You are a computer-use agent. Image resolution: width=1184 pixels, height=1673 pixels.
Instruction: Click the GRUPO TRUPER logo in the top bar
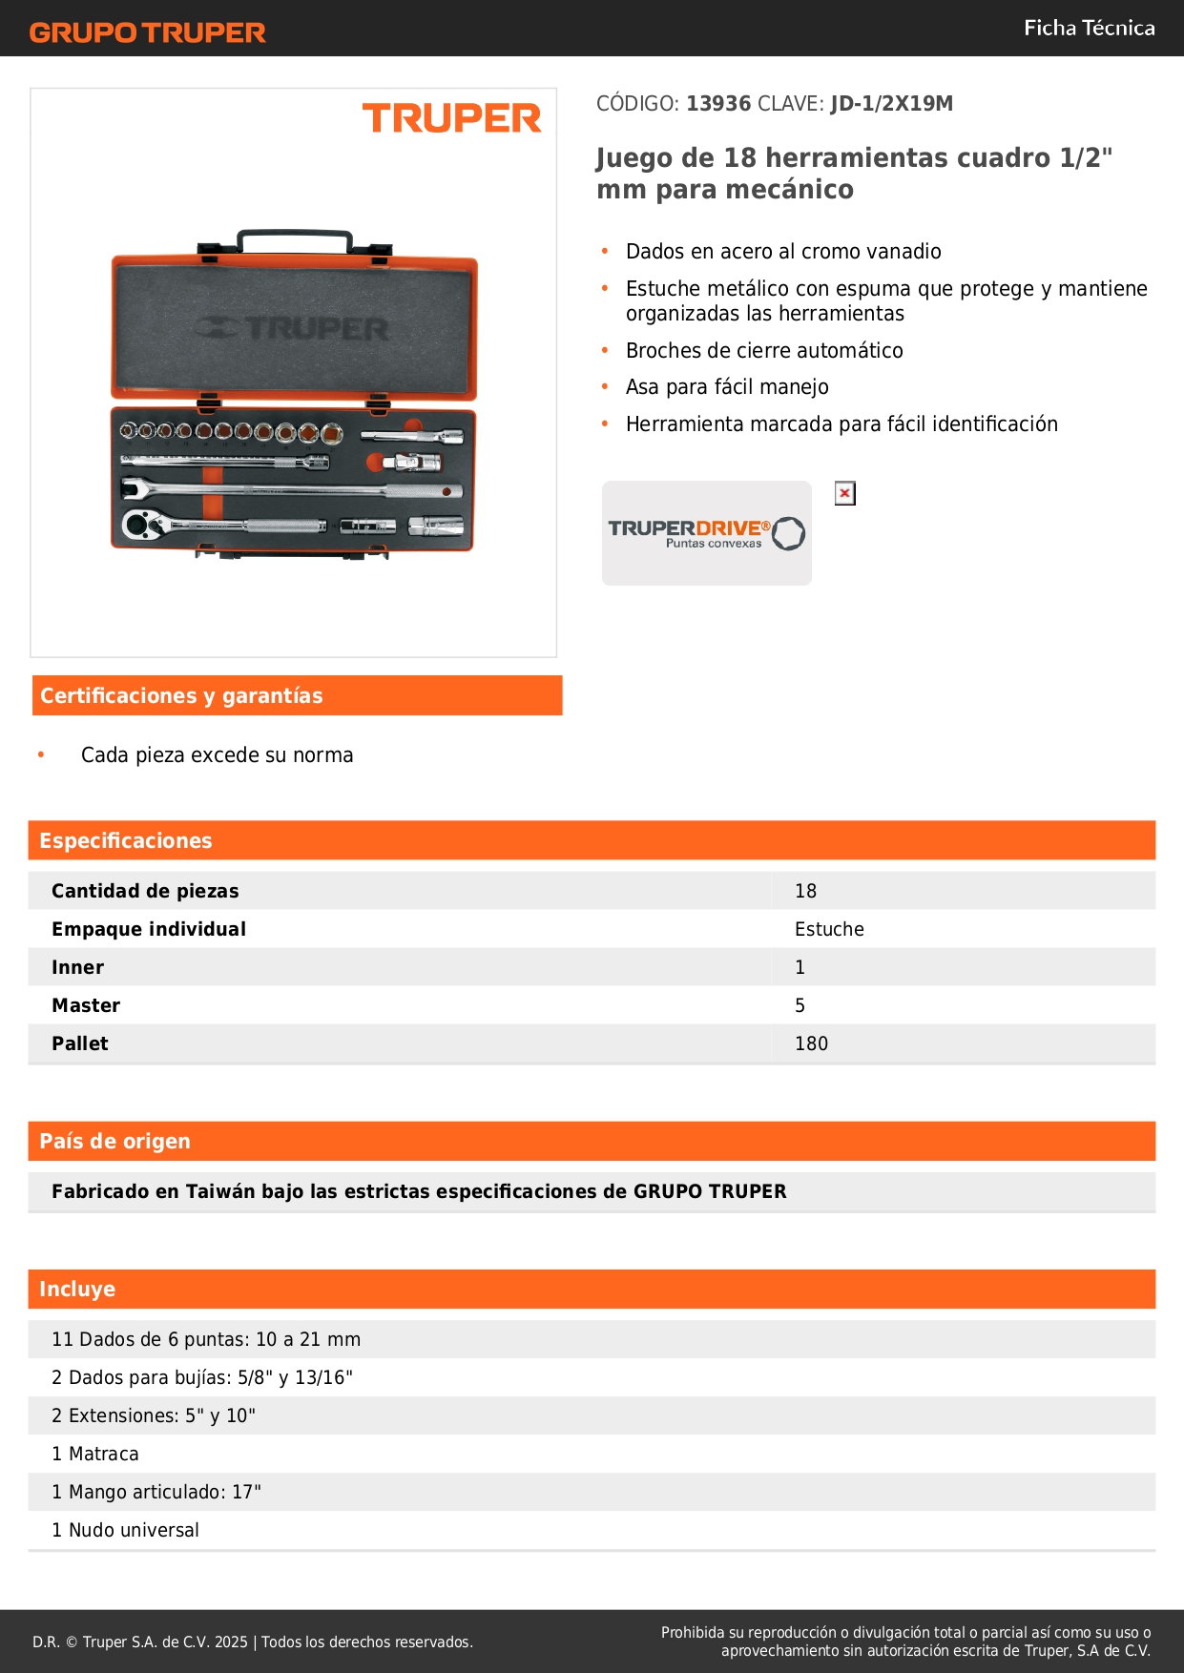pos(147,32)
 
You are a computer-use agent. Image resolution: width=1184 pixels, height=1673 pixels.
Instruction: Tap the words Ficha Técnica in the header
pos(1089,28)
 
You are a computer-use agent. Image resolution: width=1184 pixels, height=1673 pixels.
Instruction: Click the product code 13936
pos(718,103)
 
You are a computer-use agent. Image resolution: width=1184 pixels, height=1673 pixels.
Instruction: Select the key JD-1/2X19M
pos(891,103)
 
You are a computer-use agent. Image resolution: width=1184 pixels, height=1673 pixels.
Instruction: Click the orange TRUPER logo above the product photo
pos(451,118)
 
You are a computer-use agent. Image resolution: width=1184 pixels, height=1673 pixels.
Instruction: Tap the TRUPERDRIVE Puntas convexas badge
pos(706,533)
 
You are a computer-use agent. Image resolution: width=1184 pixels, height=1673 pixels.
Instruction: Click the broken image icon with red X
pos(844,493)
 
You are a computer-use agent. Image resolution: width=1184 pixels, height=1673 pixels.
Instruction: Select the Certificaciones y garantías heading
pos(181,695)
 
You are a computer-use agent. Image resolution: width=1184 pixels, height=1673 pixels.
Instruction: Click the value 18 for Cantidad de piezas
pos(805,891)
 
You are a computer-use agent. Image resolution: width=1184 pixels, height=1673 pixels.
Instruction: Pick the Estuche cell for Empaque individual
pos(829,929)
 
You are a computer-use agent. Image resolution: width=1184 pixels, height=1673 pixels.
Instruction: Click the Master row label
pos(86,1005)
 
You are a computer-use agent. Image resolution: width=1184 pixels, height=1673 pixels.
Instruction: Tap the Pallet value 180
pos(811,1043)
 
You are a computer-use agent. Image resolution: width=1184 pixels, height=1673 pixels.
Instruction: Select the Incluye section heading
pos(77,1289)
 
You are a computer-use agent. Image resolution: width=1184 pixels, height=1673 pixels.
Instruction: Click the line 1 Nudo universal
pos(125,1530)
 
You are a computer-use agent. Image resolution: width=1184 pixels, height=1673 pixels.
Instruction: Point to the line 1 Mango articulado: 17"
pos(156,1492)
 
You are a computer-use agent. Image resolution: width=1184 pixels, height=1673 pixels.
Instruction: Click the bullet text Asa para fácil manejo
pos(727,386)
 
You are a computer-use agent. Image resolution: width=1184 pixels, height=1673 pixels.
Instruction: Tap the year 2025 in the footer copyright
pos(231,1642)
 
